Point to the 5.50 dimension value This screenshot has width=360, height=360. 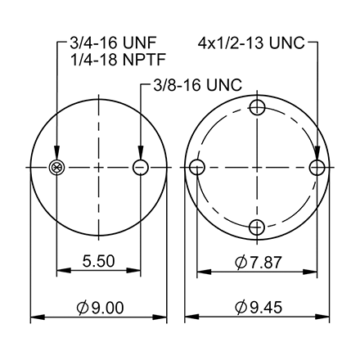pos(98,262)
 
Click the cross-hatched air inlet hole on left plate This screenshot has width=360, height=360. pos(56,168)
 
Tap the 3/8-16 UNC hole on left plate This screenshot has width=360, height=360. pos(140,168)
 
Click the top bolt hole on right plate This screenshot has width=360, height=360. pos(257,107)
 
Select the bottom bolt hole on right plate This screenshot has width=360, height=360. pos(257,228)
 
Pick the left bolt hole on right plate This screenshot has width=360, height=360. pos(196,168)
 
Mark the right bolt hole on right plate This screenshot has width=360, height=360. pos(318,168)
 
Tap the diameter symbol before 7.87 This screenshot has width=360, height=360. pos(241,262)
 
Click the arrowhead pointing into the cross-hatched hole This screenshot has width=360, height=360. pos(56,158)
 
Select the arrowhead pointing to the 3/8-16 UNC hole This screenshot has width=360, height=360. pos(140,157)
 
